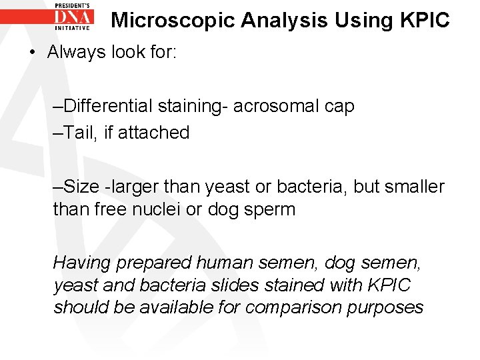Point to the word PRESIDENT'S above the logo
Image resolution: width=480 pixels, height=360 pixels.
[75, 5]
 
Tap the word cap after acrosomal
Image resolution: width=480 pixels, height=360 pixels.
[339, 107]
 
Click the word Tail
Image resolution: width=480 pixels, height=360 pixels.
[81, 133]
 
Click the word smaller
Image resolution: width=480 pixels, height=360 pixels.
[413, 187]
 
